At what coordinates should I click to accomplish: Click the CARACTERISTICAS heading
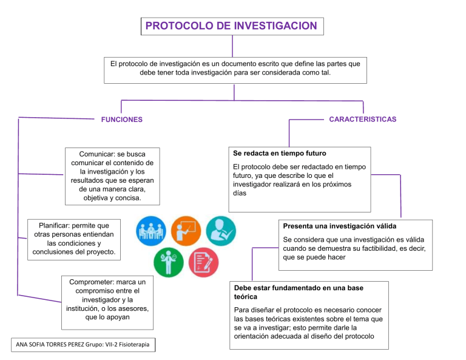[362, 119]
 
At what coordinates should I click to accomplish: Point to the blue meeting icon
[147, 231]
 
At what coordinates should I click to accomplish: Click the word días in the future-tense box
[239, 193]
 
